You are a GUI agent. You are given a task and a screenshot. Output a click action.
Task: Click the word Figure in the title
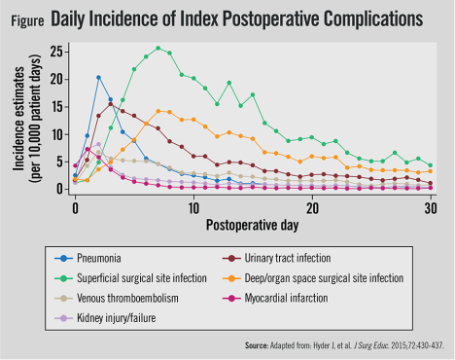[25, 18]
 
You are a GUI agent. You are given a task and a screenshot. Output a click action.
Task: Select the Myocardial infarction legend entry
[311, 298]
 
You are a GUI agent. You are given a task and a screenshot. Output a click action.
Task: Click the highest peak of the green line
[158, 48]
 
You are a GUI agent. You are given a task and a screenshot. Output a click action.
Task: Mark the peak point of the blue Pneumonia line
[99, 77]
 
